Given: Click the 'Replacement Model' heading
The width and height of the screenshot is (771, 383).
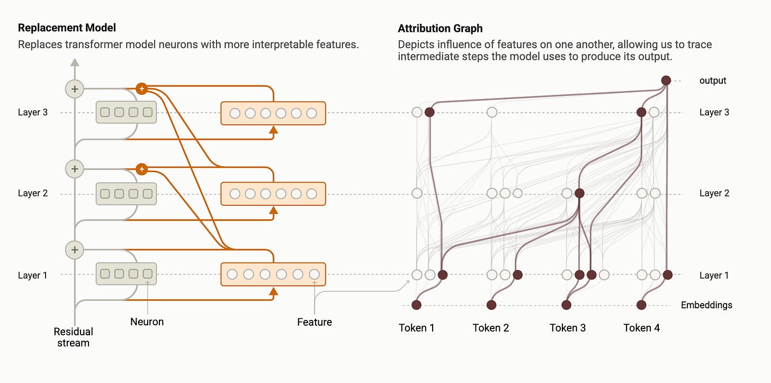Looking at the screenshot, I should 67,28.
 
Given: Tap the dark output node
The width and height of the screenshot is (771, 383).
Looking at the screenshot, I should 666,81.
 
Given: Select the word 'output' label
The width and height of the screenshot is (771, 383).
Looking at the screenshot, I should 713,81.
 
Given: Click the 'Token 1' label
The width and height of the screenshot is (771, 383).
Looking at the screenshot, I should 416,328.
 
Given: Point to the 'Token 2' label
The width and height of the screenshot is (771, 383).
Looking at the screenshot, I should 491,328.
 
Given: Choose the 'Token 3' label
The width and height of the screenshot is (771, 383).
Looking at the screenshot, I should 568,328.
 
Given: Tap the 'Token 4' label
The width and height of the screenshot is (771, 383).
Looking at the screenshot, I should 641,328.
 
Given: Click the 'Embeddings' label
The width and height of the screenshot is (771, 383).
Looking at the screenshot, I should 706,305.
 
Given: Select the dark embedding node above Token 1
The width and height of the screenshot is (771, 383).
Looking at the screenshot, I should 416,305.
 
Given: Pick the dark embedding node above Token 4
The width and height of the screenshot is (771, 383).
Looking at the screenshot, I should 641,305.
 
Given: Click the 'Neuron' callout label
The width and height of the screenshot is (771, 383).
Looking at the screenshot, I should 147,322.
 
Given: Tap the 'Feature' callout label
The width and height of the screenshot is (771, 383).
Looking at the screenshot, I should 315,322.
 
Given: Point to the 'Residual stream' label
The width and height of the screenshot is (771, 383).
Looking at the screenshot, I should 74,337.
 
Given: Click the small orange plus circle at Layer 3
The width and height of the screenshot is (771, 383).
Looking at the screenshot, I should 141,88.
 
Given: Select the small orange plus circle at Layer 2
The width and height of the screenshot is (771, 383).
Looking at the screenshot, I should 141,170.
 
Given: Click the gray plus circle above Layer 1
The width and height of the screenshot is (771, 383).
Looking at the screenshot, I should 75,250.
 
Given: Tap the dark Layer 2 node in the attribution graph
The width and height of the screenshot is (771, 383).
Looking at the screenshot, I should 579,193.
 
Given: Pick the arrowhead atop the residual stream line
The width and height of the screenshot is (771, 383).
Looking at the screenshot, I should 75,63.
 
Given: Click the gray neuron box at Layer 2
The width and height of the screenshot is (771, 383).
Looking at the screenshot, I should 126,194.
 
